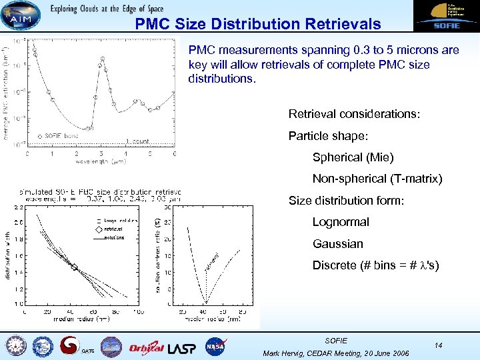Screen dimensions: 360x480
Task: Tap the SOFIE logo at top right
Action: point(441,17)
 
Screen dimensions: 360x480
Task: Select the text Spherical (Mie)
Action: point(353,157)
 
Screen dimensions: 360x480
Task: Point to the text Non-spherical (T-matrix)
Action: point(377,179)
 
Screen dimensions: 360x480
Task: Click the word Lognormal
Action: point(341,222)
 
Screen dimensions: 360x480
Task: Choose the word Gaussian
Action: point(338,243)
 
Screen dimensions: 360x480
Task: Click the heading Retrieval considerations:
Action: point(354,114)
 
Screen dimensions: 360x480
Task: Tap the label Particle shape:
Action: point(328,136)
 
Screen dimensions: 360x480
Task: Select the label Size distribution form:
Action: point(346,200)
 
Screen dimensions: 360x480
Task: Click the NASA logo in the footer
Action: point(215,346)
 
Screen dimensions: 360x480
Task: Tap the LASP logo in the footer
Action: point(183,347)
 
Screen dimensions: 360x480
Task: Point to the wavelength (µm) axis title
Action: point(101,161)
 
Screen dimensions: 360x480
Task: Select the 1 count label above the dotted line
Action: point(137,141)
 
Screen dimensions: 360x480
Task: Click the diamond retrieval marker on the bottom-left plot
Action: point(75,268)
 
